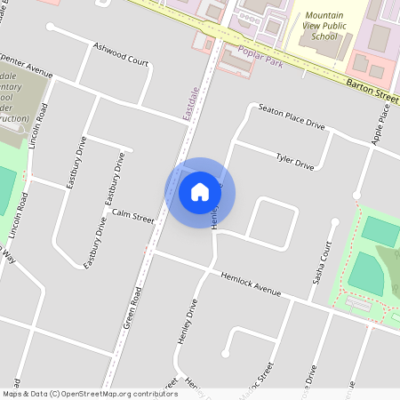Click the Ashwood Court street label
(x=122, y=52)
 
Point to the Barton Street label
(x=371, y=87)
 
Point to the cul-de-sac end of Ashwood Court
(x=51, y=28)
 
